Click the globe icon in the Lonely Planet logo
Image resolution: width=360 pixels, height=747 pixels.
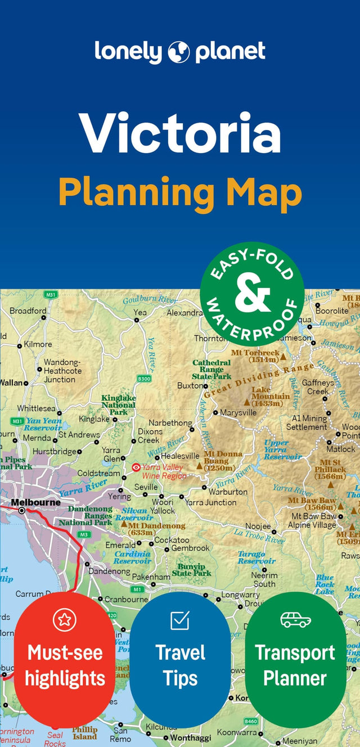click(179, 52)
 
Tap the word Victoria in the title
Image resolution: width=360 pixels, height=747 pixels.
click(180, 134)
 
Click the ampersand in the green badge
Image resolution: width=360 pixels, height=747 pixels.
click(252, 294)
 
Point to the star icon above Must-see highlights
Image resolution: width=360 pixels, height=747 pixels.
click(64, 620)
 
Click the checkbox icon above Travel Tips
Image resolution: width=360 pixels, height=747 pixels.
click(180, 620)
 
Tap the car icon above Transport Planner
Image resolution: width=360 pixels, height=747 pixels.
click(295, 619)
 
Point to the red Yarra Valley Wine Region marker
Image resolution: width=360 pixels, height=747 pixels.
click(136, 467)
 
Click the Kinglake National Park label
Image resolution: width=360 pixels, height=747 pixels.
click(118, 405)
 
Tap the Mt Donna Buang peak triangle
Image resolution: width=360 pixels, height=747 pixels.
click(199, 466)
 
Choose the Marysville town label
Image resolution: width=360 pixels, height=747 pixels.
click(238, 412)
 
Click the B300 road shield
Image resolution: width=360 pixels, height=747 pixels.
click(144, 379)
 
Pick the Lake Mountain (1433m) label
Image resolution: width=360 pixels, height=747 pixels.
click(270, 396)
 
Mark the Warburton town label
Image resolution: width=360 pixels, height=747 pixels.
click(228, 492)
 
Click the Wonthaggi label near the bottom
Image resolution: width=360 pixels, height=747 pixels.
click(191, 737)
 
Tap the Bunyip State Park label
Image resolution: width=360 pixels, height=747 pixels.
click(192, 570)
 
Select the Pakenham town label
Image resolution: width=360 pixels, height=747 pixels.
click(151, 577)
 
